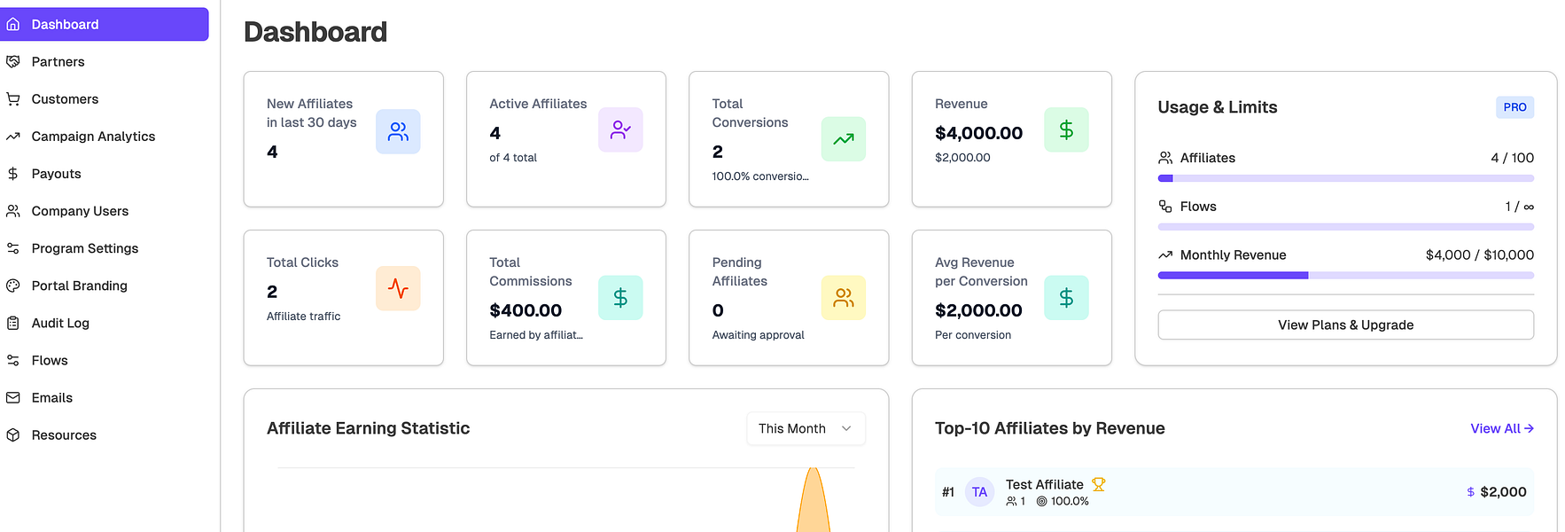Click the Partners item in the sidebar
pyautogui.click(x=58, y=62)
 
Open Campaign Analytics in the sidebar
pyautogui.click(x=93, y=137)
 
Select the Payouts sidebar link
pyautogui.click(x=56, y=174)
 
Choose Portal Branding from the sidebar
pyautogui.click(x=79, y=286)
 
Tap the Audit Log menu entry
pyautogui.click(x=60, y=323)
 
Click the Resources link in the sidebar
pyautogui.click(x=64, y=434)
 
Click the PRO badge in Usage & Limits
pyautogui.click(x=1514, y=107)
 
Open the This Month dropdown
pyautogui.click(x=806, y=428)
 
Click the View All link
pyautogui.click(x=1502, y=428)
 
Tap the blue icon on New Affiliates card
pyautogui.click(x=398, y=131)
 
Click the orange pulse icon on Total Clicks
pyautogui.click(x=398, y=288)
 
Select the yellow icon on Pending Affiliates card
pyautogui.click(x=844, y=298)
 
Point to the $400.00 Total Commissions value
pyautogui.click(x=526, y=310)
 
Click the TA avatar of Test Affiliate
pyautogui.click(x=979, y=492)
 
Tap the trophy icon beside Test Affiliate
pyautogui.click(x=1099, y=484)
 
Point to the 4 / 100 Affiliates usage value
pyautogui.click(x=1512, y=158)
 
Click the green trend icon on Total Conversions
pyautogui.click(x=844, y=139)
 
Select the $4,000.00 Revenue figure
pyautogui.click(x=978, y=133)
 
